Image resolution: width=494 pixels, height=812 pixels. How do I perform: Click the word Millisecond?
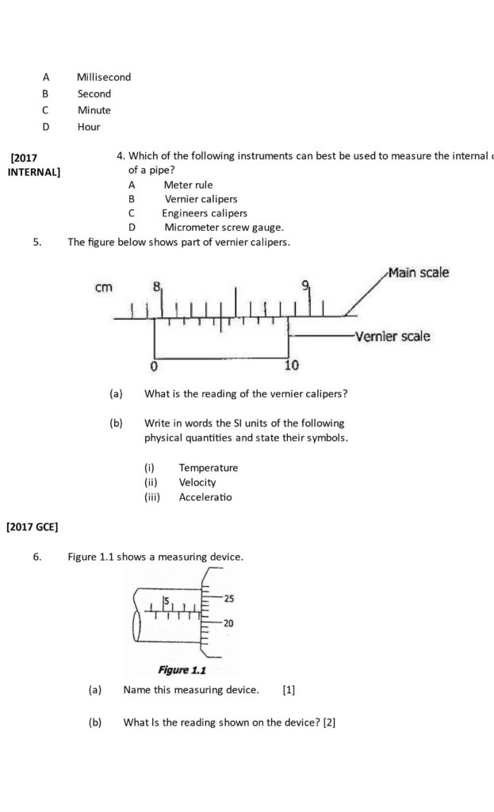[x=104, y=77]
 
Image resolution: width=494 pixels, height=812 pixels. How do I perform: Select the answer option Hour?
[x=89, y=126]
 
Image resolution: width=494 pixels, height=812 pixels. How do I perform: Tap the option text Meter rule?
[x=188, y=185]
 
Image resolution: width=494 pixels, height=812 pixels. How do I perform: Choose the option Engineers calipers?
[x=205, y=213]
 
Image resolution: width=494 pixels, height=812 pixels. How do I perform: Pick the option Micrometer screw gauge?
[x=224, y=228]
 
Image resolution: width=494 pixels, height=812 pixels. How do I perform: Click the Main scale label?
[x=418, y=273]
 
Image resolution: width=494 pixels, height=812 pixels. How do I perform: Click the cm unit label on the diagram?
[x=104, y=287]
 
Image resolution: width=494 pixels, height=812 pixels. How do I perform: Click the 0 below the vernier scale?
[x=154, y=366]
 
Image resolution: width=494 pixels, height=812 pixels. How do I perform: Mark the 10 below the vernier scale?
[x=291, y=366]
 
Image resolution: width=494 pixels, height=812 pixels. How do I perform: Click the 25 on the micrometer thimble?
[x=228, y=598]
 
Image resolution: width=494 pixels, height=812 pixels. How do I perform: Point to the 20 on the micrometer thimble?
[x=228, y=623]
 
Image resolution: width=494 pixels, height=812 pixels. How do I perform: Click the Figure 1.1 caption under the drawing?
[x=182, y=670]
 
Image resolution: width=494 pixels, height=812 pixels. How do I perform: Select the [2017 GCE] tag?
[x=32, y=526]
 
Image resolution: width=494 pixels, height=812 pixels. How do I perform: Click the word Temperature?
[x=208, y=468]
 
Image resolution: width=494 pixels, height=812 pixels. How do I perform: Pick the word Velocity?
[x=197, y=482]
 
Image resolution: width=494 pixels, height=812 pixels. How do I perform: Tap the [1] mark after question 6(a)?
[x=289, y=690]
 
